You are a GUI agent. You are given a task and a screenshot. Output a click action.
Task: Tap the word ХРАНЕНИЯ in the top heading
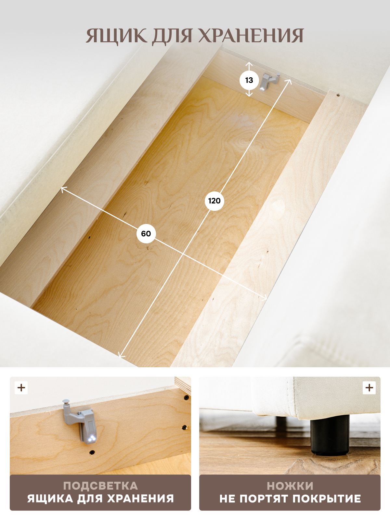251,36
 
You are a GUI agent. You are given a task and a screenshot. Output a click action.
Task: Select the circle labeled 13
249,80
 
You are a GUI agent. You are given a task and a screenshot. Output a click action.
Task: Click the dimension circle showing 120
214,201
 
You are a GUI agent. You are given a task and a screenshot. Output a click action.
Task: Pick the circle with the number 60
146,234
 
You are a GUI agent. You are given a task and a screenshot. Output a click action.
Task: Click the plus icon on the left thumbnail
21,388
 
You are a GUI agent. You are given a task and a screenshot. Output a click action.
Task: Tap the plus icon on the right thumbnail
369,388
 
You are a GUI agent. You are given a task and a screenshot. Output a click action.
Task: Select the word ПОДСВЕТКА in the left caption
100,486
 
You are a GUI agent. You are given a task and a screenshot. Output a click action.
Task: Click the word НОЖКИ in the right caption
290,486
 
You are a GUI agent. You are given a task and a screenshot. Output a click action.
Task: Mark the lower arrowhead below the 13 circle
249,95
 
